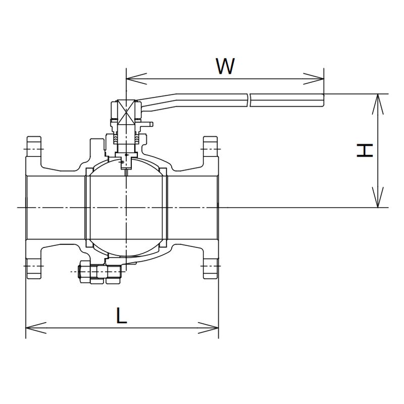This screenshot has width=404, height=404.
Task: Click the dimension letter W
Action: pos(225,66)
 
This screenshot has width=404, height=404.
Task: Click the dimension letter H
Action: pos(365,150)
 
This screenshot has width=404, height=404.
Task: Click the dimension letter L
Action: pos(121,315)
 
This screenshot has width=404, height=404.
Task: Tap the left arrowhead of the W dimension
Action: pos(136,79)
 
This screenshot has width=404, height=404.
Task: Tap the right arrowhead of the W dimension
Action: pos(313,79)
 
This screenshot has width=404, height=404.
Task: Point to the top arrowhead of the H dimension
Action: pos(378,104)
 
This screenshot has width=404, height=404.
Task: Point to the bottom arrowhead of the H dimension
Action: pos(378,197)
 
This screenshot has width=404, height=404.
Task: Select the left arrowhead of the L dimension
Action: pos(36,328)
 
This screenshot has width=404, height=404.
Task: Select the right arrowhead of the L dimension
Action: pos(208,328)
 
